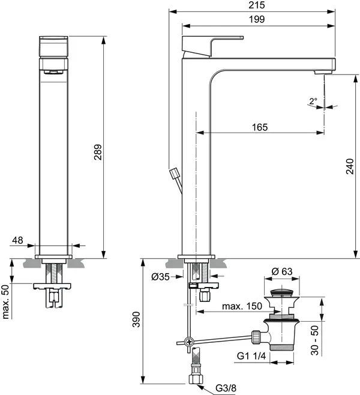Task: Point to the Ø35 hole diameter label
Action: pos(160,277)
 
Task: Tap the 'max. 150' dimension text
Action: pos(242,307)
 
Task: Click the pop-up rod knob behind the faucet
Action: pos(175,173)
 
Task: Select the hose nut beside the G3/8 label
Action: pos(195,379)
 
